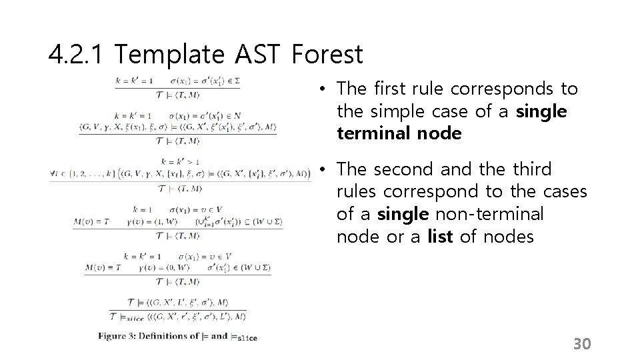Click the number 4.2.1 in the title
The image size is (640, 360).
click(x=75, y=55)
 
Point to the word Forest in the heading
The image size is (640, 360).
click(x=327, y=55)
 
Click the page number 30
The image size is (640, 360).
click(x=582, y=344)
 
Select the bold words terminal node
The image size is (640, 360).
click(x=399, y=134)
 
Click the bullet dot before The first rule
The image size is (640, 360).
click(x=321, y=89)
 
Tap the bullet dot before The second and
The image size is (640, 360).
click(x=321, y=169)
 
